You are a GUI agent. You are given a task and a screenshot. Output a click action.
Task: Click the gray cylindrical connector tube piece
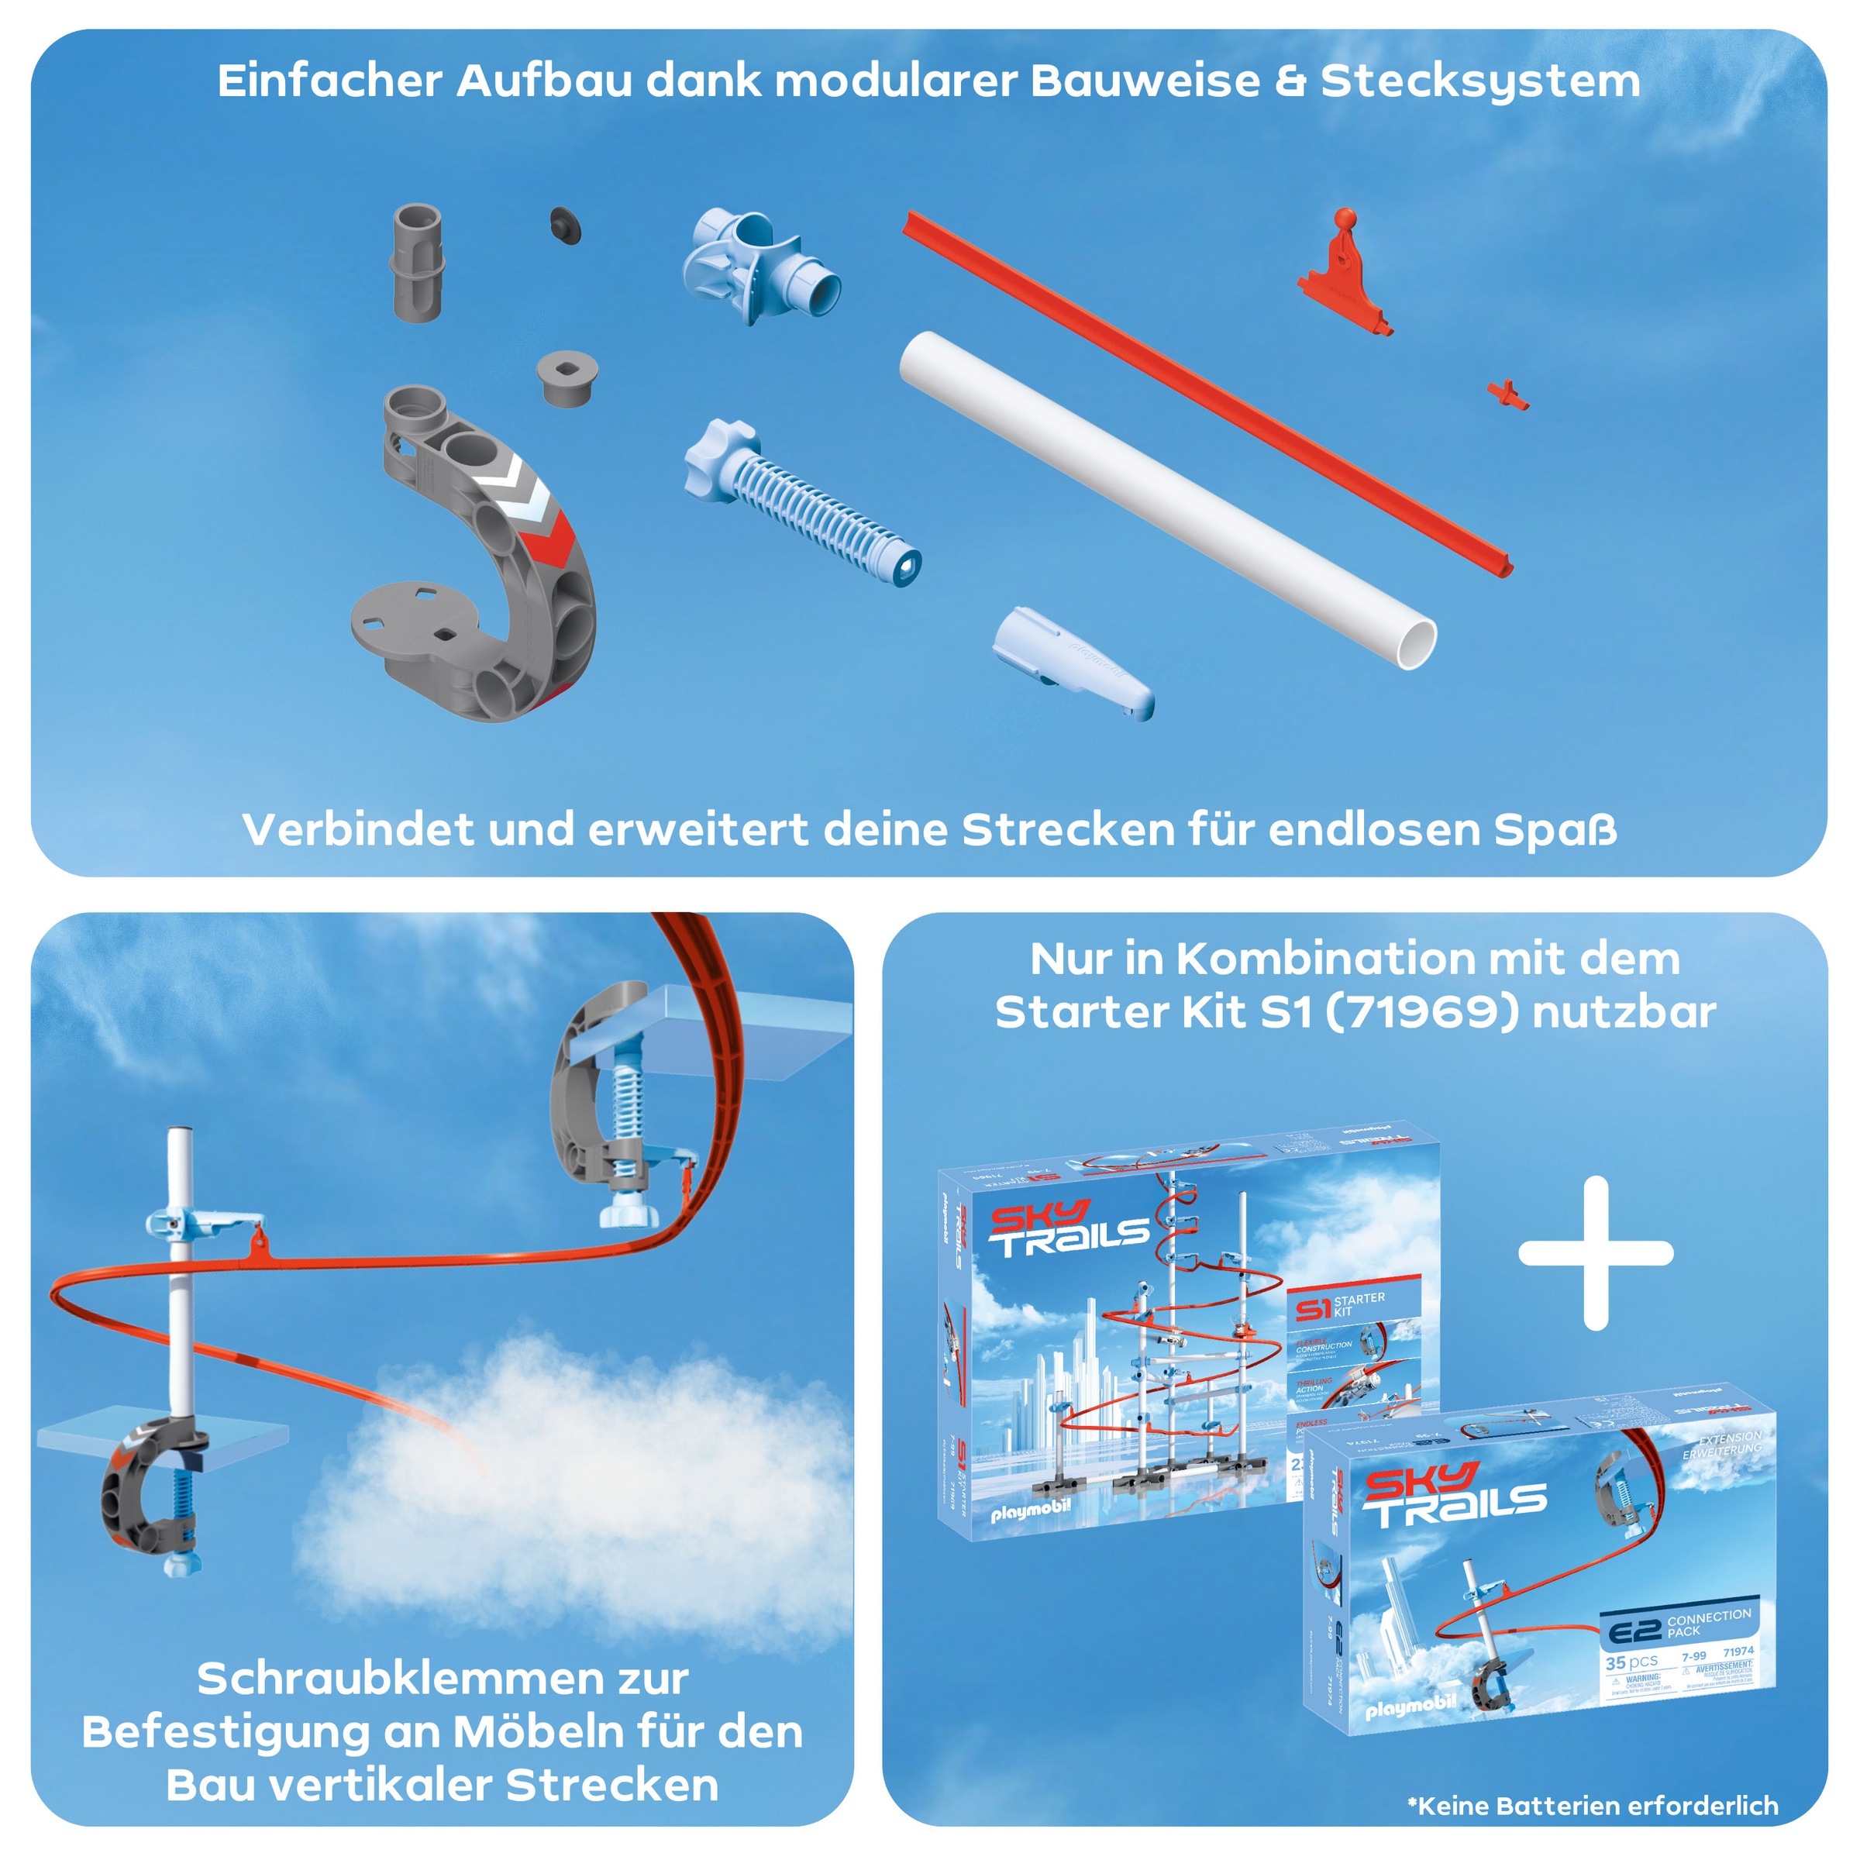[418, 262]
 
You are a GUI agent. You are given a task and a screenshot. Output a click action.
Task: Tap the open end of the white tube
[1415, 644]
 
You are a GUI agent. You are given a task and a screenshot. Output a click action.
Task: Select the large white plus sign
[1595, 1252]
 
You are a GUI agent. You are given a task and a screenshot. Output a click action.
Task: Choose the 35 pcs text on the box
[1631, 1662]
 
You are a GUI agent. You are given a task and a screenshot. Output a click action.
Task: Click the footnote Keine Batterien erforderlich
[1593, 1804]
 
